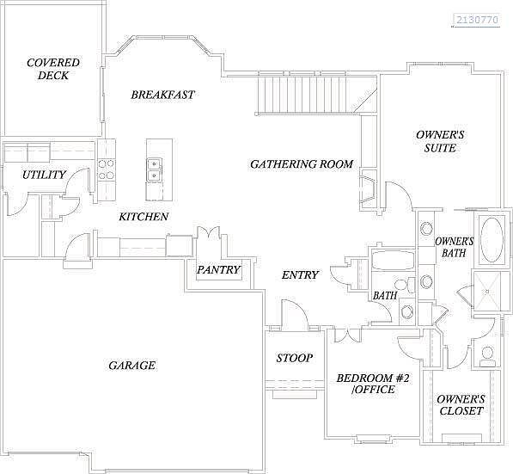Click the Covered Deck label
[x=53, y=69]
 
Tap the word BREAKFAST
[x=162, y=95]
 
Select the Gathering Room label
[x=302, y=163]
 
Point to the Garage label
[x=131, y=366]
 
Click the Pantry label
[x=218, y=269]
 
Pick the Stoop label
[x=295, y=358]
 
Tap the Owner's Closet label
[x=461, y=405]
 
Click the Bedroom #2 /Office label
[x=373, y=384]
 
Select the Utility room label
[x=44, y=175]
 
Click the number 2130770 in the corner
[x=477, y=20]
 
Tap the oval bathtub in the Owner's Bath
[x=492, y=240]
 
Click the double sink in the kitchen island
[x=154, y=169]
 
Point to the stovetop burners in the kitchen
[x=107, y=169]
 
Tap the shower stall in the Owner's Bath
[x=487, y=292]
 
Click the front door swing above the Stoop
[x=295, y=313]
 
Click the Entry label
[x=300, y=274]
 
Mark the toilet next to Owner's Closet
[x=487, y=356]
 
